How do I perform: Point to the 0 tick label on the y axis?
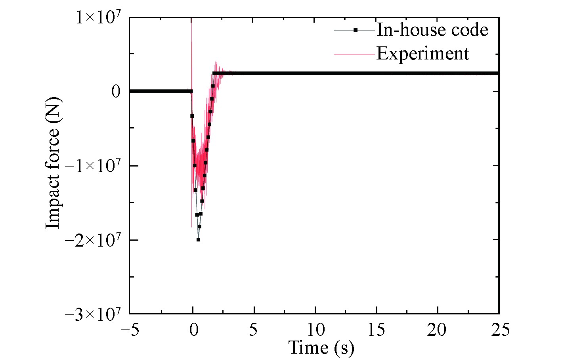[116, 92]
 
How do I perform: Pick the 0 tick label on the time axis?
[193, 330]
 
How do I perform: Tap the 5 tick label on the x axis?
[254, 330]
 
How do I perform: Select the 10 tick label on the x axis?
[315, 330]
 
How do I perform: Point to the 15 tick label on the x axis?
[377, 330]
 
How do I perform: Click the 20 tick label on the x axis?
[438, 330]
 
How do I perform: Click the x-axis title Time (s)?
[321, 348]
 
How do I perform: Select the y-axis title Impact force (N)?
[53, 163]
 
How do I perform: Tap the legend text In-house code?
[432, 30]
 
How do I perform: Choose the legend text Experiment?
[422, 54]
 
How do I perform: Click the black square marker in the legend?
[355, 30]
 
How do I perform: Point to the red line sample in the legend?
[354, 54]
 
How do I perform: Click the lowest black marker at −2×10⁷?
[198, 239]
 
